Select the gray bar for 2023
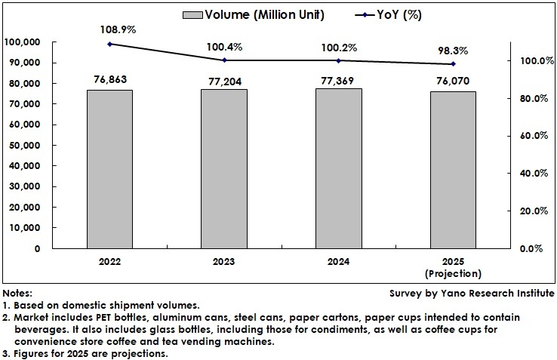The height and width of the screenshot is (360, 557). pos(223,168)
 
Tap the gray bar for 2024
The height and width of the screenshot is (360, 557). pos(338,168)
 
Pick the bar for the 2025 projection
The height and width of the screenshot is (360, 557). pos(453,170)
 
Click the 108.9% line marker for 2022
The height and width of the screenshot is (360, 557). pos(109,44)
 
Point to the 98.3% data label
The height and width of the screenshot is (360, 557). pos(453,51)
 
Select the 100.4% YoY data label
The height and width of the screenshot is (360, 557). pos(223,47)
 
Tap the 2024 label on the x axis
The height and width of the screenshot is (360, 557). pos(338,262)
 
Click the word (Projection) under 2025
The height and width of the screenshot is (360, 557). pos(453,273)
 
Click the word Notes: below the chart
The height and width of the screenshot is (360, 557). pos(18,293)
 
